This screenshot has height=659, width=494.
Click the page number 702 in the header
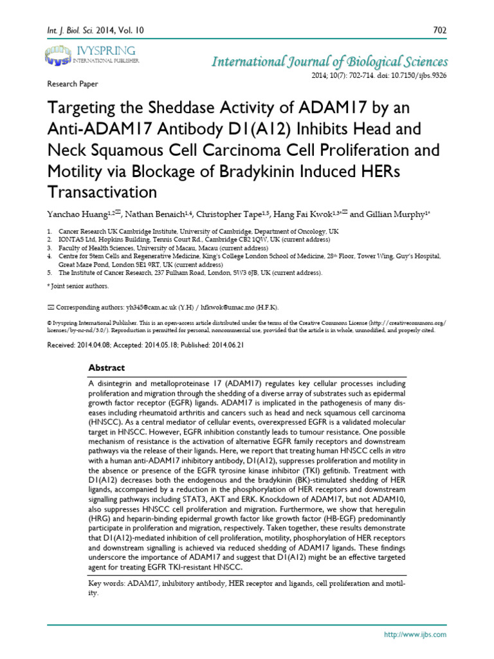pyautogui.click(x=440, y=30)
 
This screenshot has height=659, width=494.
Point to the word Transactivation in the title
pyautogui.click(x=102, y=192)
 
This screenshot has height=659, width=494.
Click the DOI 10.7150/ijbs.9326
pyautogui.click(x=416, y=75)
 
